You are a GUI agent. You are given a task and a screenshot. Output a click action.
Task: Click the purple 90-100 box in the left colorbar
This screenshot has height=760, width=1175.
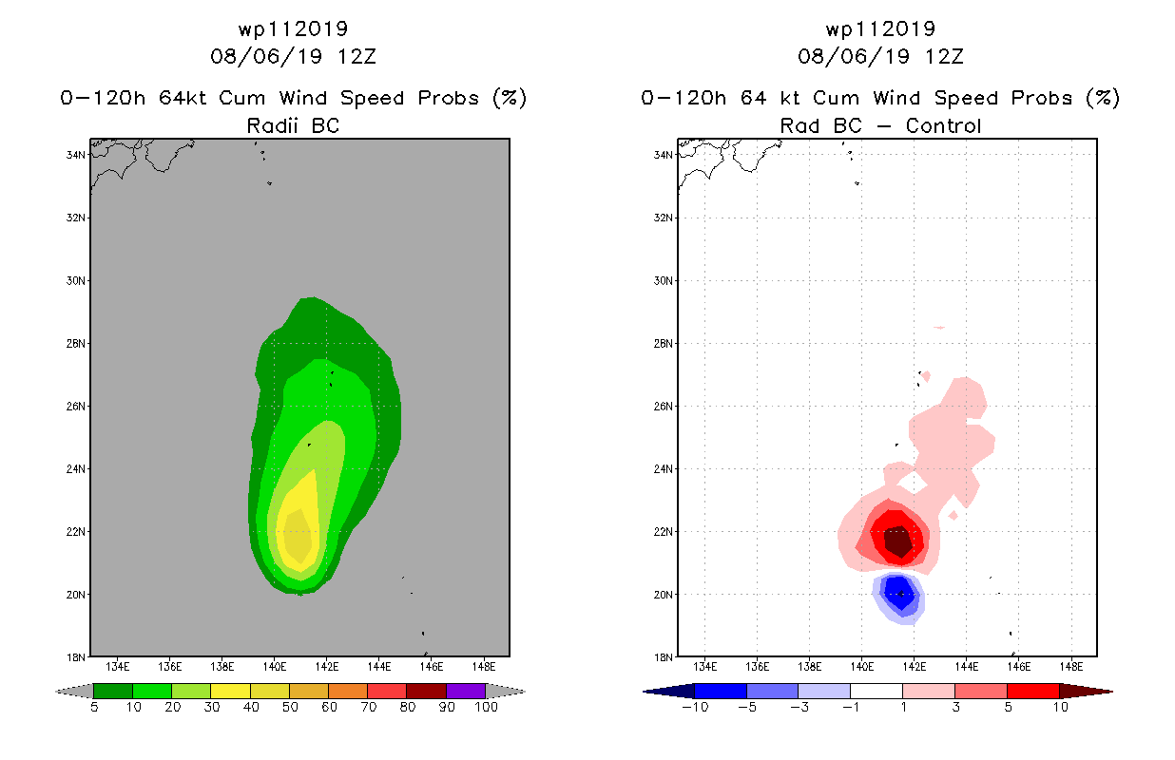click(x=466, y=691)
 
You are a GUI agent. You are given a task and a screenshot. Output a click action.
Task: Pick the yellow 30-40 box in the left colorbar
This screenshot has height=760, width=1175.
click(x=230, y=691)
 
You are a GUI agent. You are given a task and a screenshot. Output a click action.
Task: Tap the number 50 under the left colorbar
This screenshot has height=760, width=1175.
click(x=289, y=707)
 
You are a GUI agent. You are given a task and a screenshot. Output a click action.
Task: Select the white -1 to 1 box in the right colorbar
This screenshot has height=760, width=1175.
click(x=876, y=691)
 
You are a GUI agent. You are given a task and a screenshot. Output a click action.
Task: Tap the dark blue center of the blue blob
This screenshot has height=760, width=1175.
click(x=898, y=595)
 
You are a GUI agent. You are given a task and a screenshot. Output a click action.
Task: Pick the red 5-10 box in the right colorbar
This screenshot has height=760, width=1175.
click(x=1031, y=691)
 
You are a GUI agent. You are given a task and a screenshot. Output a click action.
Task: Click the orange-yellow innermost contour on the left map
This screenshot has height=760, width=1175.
click(x=298, y=538)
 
